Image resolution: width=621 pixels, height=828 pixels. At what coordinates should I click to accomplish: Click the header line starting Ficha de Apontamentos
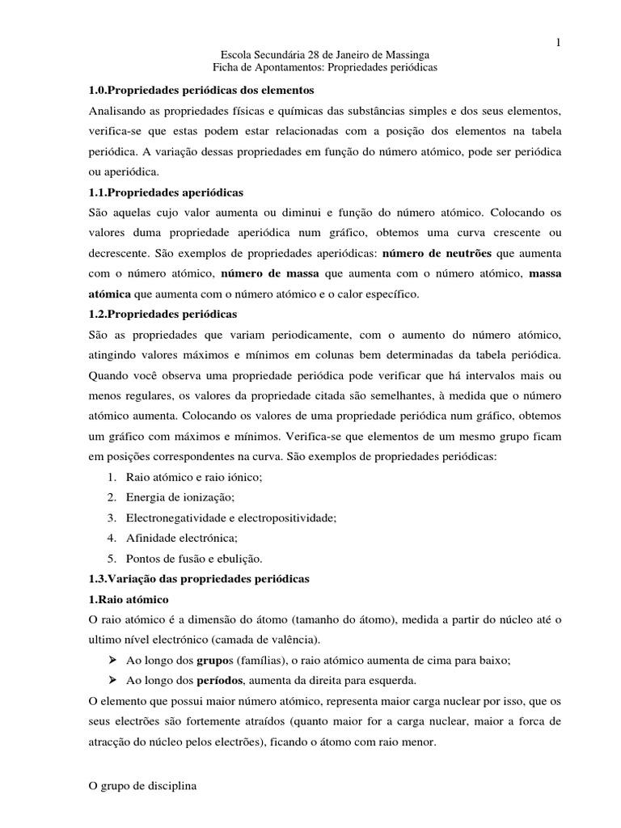coord(324,68)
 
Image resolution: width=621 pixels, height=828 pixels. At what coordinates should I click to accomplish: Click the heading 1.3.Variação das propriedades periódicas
coord(199,579)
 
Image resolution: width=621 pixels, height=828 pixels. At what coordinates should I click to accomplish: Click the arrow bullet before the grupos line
coord(112,658)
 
